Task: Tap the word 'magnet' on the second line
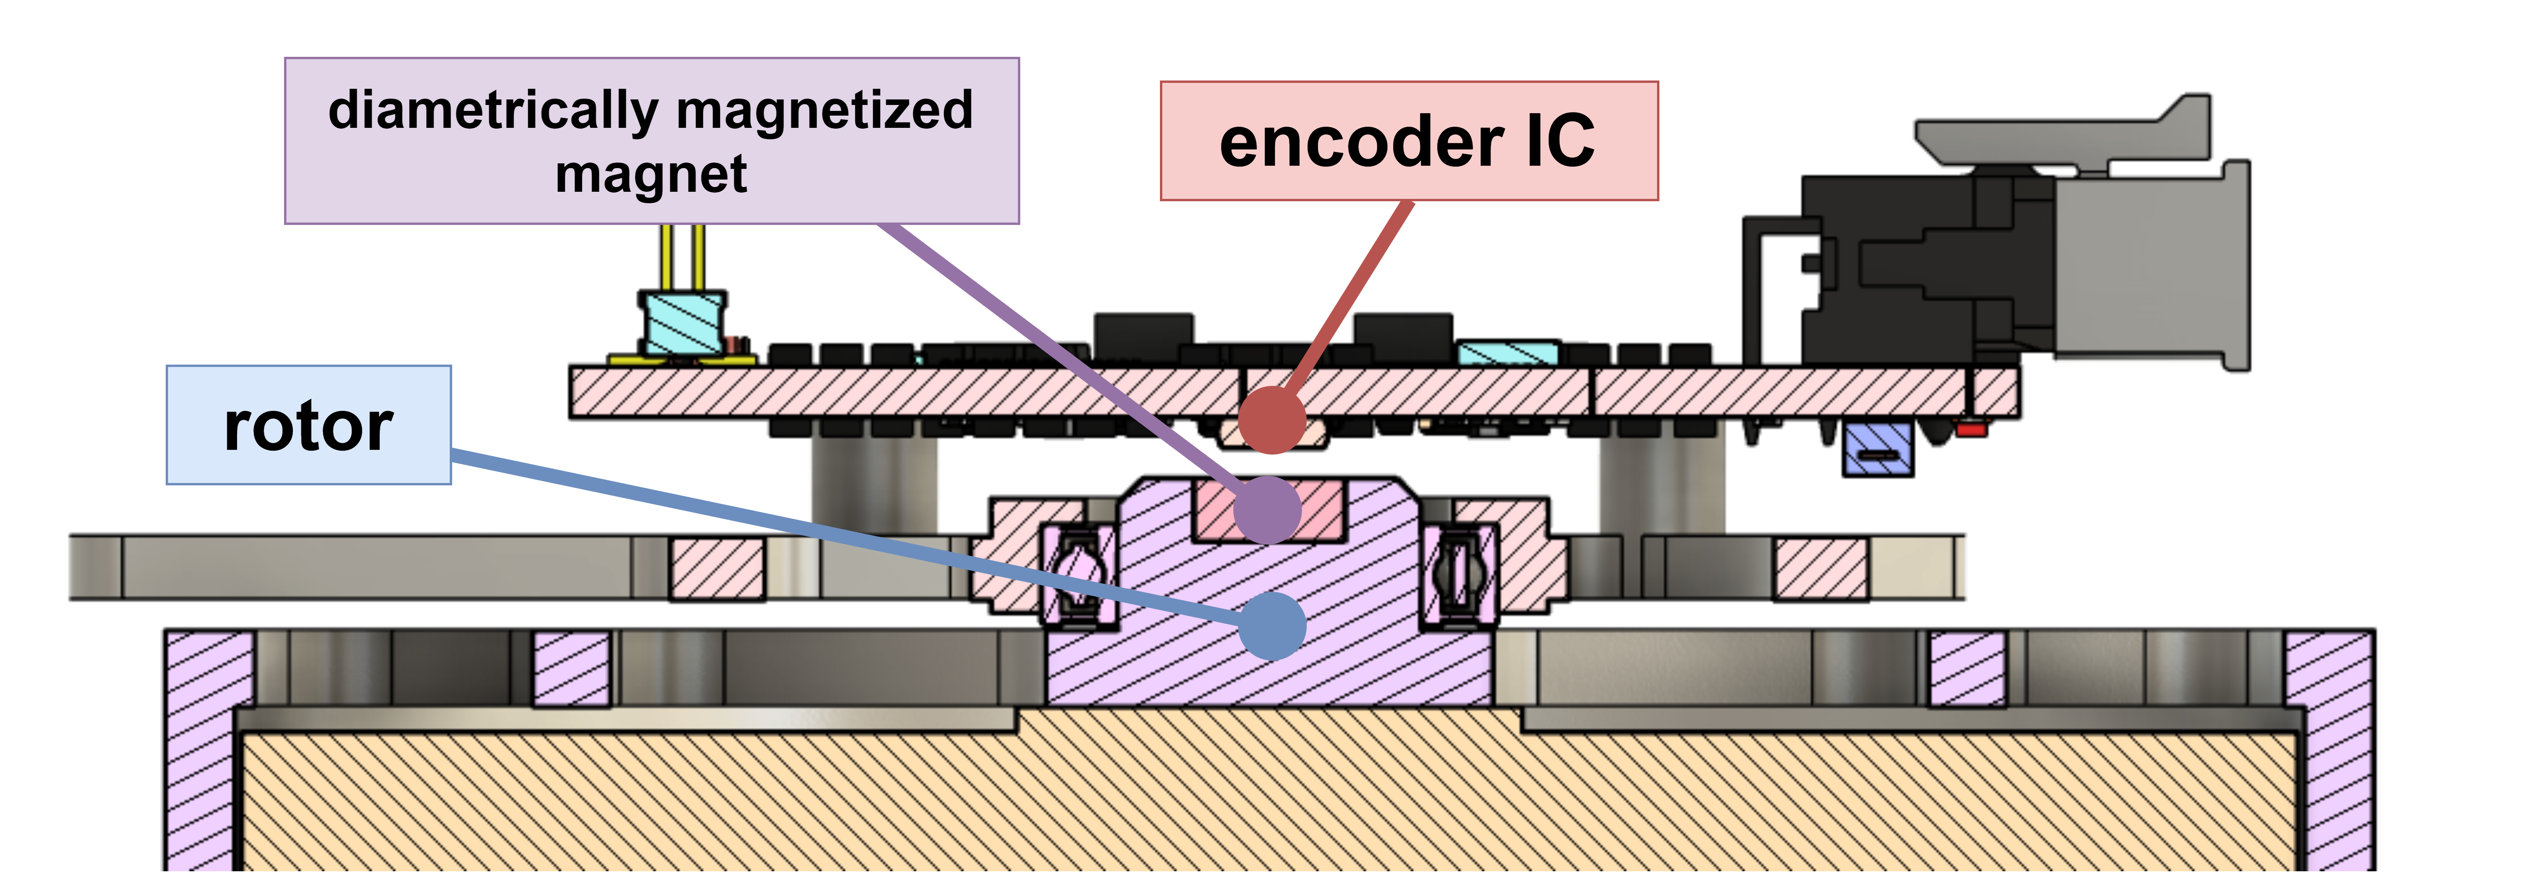click(651, 174)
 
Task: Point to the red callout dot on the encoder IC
click(1272, 419)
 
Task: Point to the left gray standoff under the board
click(873, 483)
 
